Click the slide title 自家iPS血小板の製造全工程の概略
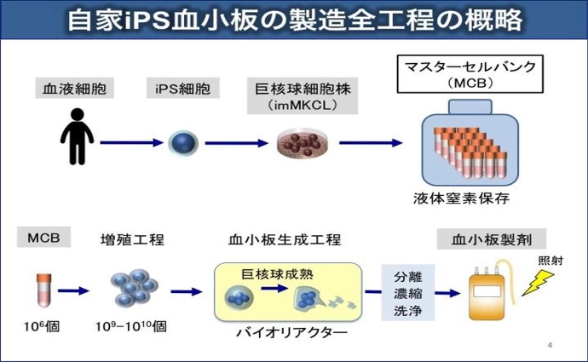[294, 20]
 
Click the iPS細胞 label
[182, 89]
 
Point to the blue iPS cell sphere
[182, 142]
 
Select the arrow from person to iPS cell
[129, 143]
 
